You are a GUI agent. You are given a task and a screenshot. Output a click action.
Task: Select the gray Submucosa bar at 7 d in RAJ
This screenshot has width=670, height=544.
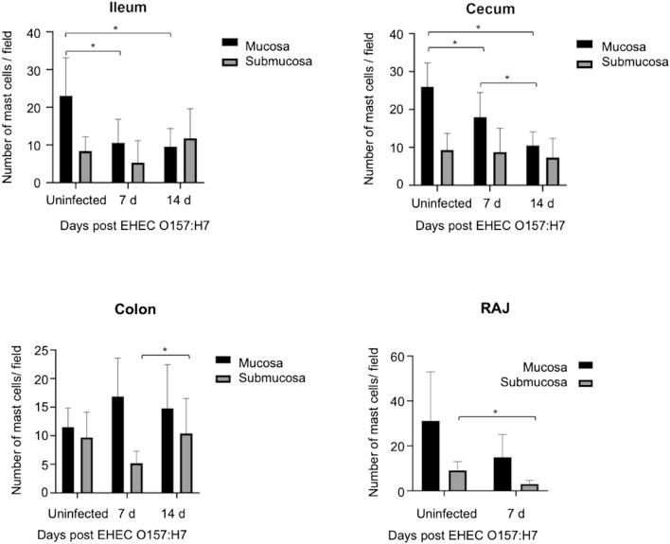[x=529, y=487]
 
